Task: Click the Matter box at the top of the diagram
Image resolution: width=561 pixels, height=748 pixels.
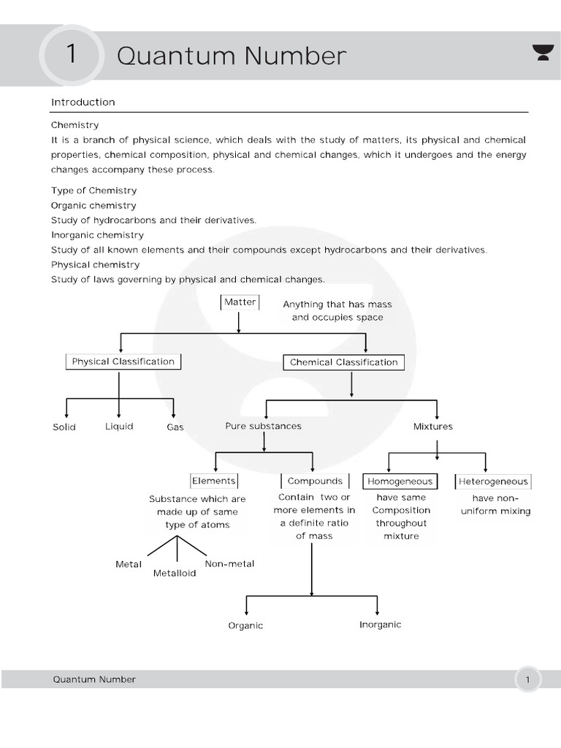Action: click(x=240, y=302)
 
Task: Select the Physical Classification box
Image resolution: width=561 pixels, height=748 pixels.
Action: click(x=123, y=362)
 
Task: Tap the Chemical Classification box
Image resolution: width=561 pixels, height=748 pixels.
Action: click(x=343, y=362)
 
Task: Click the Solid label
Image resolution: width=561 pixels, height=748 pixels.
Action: click(x=64, y=427)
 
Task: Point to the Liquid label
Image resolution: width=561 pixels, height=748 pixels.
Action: click(x=119, y=426)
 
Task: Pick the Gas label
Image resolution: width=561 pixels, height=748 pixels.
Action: click(x=175, y=427)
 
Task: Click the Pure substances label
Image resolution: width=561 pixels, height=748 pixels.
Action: click(x=263, y=426)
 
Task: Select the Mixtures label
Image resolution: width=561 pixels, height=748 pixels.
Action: click(x=433, y=427)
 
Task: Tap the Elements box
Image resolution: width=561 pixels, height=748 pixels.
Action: click(x=214, y=481)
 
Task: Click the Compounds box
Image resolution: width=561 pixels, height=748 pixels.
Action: click(x=315, y=481)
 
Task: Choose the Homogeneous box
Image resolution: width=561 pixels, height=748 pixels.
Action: click(x=400, y=481)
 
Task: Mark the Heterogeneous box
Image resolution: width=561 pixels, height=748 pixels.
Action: click(x=493, y=481)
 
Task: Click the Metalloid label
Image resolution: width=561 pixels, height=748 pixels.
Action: click(x=175, y=573)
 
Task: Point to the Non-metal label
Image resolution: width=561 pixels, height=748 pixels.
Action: click(x=229, y=563)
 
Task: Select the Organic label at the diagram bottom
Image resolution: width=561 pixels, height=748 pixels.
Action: click(x=245, y=626)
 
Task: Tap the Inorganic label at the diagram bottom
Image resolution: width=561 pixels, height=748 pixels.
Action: click(x=380, y=625)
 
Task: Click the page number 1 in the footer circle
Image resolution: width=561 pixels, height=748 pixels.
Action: click(x=528, y=680)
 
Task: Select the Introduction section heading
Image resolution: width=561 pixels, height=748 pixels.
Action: click(x=83, y=102)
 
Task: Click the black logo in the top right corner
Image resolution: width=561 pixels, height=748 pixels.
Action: click(x=543, y=53)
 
